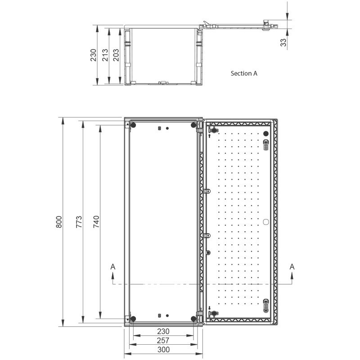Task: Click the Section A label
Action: click(x=244, y=73)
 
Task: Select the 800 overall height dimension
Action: click(x=59, y=222)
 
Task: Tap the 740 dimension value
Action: click(x=96, y=222)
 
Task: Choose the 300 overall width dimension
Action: click(x=163, y=350)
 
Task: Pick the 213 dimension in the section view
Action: click(x=104, y=55)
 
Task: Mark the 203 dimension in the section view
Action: click(x=116, y=55)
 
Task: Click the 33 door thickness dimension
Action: click(x=283, y=42)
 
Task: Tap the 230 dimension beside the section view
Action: click(x=93, y=55)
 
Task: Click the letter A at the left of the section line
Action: click(x=113, y=267)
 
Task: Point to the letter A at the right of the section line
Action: click(x=292, y=267)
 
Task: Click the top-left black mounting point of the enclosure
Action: click(x=133, y=125)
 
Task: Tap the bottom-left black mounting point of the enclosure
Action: click(x=133, y=319)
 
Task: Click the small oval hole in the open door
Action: click(x=265, y=221)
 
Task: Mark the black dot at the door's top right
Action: click(x=265, y=134)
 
